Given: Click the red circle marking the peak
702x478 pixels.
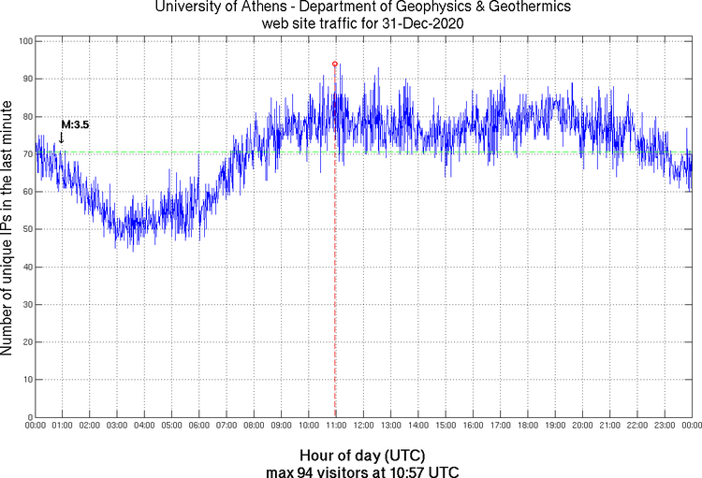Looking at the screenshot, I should click(335, 64).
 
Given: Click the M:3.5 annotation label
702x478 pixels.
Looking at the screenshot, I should click(75, 123).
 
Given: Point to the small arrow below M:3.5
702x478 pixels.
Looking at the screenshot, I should click(62, 138).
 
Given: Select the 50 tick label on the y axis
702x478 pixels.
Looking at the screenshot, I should click(26, 229).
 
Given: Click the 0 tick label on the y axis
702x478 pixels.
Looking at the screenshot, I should click(29, 417).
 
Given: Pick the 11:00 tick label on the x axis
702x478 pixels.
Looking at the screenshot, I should click(336, 427).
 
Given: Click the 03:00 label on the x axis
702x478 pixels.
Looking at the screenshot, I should click(117, 427).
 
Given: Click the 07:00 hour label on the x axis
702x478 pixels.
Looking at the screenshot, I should click(227, 427).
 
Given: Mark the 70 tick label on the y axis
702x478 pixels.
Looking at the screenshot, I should click(26, 154).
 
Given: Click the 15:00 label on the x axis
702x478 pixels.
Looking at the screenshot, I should click(446, 427).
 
